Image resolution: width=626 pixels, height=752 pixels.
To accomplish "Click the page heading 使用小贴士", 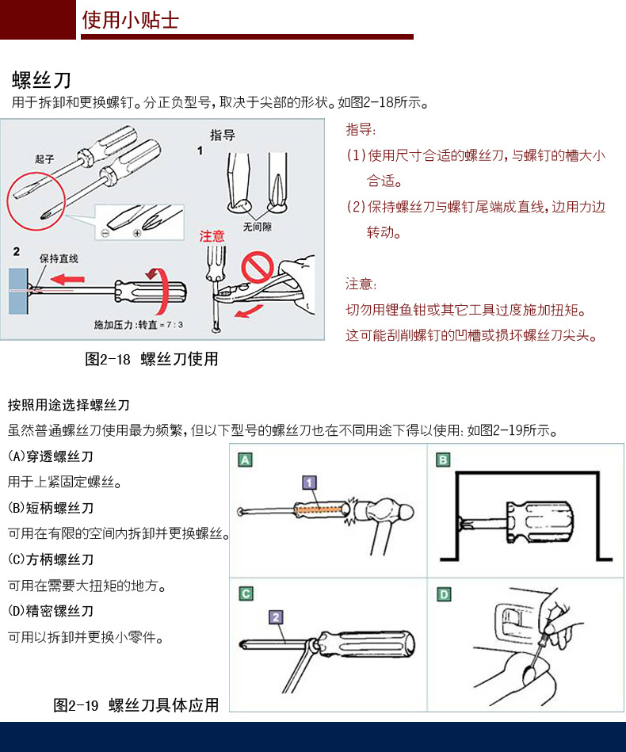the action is coord(130,20).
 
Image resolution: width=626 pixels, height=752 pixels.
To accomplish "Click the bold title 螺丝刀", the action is coord(42,79).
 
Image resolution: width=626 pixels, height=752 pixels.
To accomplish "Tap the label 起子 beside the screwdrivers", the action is coord(44,158).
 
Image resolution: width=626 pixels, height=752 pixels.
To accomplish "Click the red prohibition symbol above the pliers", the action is coord(257,267).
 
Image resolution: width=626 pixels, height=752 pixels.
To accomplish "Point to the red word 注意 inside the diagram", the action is coord(212,236).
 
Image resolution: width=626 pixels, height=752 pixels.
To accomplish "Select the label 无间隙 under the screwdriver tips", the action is coord(257,227).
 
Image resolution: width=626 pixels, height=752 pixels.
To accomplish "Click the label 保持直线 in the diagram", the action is coord(59,258).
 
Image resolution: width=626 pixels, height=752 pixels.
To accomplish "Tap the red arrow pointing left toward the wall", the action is coord(67,279).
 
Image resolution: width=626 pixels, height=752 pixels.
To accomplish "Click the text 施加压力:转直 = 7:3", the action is coord(138,325).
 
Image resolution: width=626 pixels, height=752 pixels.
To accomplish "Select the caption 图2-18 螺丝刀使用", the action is coord(151,359).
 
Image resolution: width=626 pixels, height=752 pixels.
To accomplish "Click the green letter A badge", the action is coord(245,460).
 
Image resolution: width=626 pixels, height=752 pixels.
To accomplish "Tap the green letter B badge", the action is coord(443,460).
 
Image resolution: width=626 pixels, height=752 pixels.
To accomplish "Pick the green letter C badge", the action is coord(246,594).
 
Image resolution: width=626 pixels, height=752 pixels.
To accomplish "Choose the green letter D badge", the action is coord(444,594).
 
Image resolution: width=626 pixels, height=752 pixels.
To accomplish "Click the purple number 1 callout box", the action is coord(309,483).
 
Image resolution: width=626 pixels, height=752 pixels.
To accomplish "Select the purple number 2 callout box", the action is coord(276,617).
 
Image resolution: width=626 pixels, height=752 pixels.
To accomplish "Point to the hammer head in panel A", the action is coord(385,511).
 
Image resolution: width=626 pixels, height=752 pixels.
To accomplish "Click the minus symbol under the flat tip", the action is coord(105,233).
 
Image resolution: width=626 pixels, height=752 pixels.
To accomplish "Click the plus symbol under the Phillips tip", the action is coord(137,233).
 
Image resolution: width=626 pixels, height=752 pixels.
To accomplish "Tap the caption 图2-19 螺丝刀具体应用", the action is coord(136,705).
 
